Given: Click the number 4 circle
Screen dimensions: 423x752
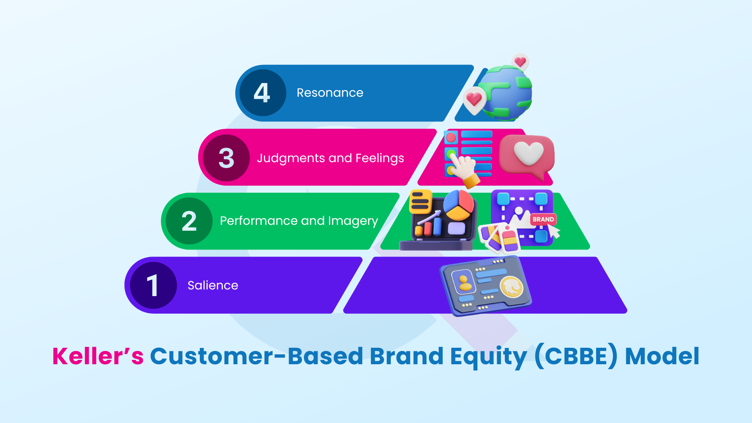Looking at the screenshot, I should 262,93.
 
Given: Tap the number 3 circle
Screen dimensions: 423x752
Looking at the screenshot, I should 226,158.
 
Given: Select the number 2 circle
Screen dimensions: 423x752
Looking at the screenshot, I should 189,221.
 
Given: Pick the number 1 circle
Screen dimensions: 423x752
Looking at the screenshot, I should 153,285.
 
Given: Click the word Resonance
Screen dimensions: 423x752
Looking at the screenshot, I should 330,93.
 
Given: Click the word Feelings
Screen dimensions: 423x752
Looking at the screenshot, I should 380,158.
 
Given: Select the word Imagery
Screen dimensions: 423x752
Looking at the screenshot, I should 353,221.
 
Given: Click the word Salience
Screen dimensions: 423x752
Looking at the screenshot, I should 213,285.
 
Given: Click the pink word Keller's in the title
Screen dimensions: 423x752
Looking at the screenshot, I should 98,356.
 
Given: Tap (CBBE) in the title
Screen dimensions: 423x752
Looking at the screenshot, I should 576,356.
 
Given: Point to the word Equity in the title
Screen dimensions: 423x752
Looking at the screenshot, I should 488,356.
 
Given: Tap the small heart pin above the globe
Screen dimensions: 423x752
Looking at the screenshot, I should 520,62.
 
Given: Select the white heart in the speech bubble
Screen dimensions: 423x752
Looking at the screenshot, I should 528,153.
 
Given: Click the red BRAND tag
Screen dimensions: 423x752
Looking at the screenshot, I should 543,219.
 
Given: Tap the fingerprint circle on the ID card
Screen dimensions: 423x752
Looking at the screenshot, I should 512,287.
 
